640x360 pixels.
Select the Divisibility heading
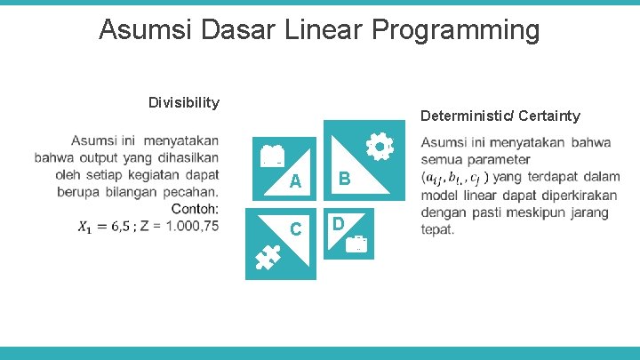tap(184, 102)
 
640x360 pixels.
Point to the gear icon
tap(380, 147)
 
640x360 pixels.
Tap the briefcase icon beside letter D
tap(358, 244)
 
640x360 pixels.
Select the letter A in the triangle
tap(296, 181)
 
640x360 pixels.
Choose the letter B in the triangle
tap(344, 179)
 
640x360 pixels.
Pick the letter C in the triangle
tap(297, 229)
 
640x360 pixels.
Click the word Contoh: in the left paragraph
tap(195, 209)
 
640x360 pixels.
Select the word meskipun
tap(542, 212)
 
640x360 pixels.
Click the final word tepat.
tap(438, 229)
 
